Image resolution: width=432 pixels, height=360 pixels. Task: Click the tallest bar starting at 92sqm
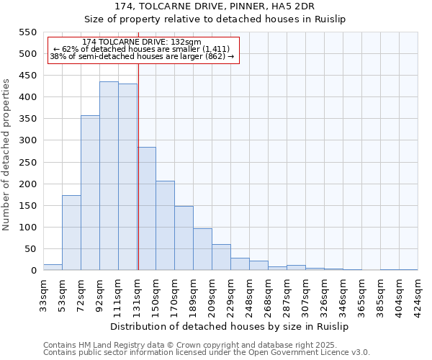pos(109,176)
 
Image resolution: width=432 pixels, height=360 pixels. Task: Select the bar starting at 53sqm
pos(71,233)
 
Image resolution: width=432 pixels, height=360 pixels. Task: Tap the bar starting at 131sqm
pos(147,209)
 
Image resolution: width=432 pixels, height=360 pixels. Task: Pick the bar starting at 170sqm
pos(184,238)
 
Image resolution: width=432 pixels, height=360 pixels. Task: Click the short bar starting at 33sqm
pos(53,267)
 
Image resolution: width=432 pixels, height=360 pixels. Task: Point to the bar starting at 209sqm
pos(221,257)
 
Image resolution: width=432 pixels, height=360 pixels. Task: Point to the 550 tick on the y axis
pos(27,32)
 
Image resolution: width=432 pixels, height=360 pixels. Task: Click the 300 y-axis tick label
pos(27,140)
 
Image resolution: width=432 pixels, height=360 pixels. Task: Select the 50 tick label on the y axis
pos(30,249)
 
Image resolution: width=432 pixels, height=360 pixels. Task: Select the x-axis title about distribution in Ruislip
pos(230,327)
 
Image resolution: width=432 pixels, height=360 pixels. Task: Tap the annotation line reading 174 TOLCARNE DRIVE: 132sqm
pos(142,42)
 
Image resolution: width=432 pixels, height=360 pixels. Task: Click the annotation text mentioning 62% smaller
pos(142,49)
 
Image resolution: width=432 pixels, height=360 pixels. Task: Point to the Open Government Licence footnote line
pos(207,352)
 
